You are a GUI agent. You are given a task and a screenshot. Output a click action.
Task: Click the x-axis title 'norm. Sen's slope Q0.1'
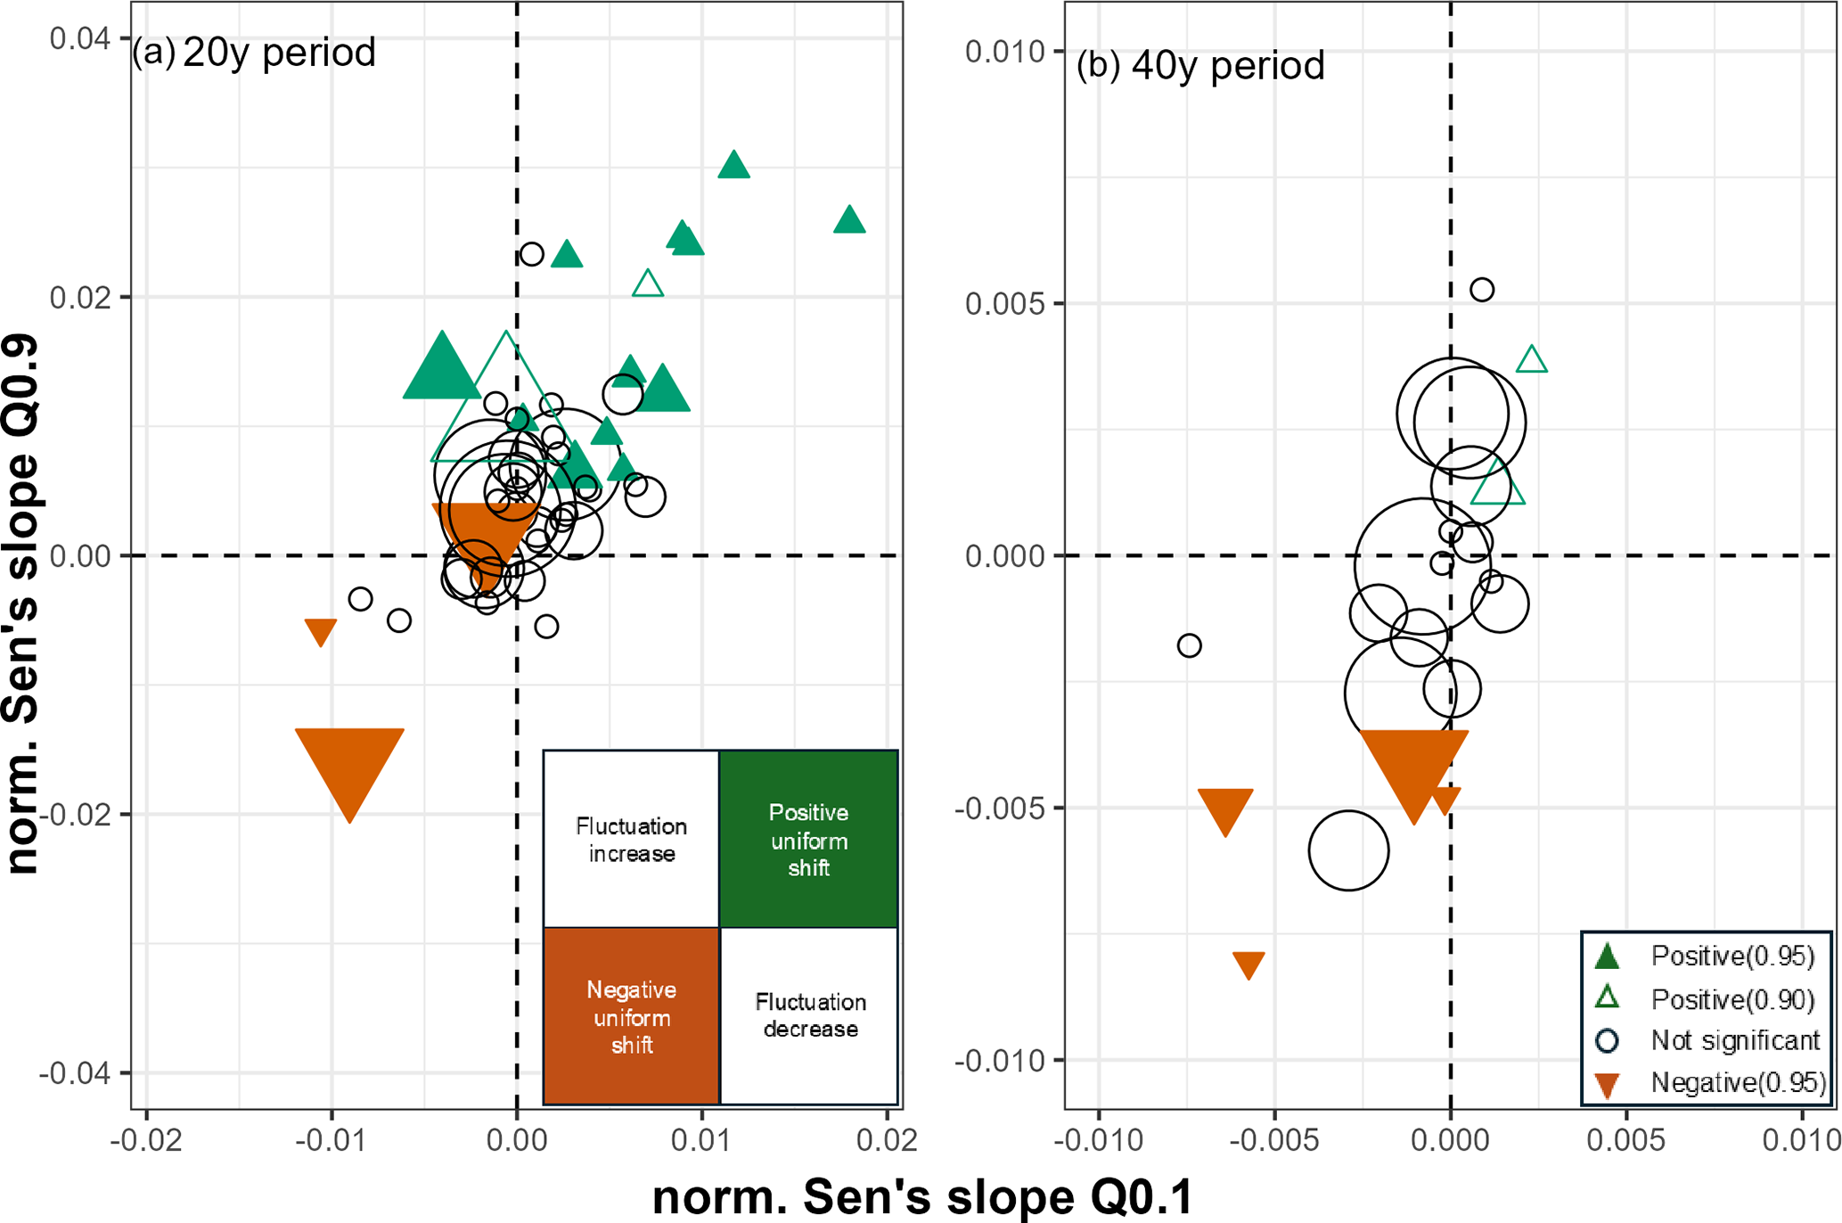click(x=922, y=1196)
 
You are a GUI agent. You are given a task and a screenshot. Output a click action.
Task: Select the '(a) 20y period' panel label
click(x=254, y=53)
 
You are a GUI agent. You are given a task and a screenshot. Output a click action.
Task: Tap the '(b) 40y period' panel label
click(x=1200, y=66)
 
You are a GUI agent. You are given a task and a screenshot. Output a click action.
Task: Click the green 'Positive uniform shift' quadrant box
click(x=808, y=840)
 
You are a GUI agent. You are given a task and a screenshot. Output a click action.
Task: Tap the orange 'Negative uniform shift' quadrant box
click(x=632, y=1016)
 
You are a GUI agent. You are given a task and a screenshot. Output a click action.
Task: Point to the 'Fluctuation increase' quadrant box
click(x=632, y=840)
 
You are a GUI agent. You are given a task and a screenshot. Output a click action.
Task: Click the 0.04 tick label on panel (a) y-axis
click(x=79, y=38)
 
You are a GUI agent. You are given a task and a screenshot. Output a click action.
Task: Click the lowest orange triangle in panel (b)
click(x=1248, y=964)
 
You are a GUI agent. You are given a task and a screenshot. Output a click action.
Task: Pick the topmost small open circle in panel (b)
click(x=1482, y=290)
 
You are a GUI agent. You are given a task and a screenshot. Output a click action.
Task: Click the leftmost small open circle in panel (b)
click(x=1189, y=645)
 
